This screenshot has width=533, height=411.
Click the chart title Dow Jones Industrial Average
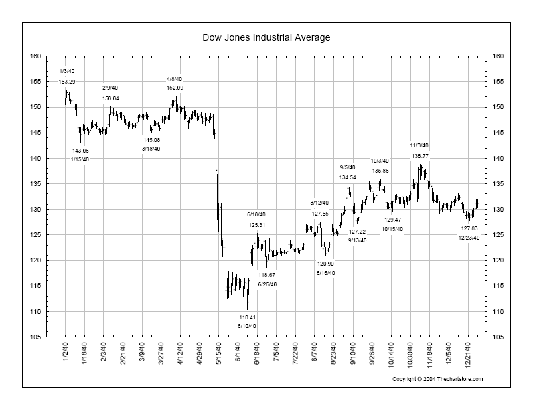266,37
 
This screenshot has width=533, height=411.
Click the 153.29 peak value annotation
67,82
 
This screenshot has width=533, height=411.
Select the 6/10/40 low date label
247,326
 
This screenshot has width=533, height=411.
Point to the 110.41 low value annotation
247,317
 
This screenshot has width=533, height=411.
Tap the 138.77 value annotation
420,156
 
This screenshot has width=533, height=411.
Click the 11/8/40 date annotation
420,145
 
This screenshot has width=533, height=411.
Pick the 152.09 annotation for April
175,88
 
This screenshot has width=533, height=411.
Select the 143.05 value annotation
80,151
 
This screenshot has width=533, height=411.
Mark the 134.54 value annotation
348,177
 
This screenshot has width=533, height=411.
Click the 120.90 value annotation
325,264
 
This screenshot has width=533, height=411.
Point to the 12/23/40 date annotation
469,238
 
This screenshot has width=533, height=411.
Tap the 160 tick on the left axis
35,56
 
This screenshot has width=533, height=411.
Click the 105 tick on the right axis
497,337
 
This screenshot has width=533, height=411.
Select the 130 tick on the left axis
35,210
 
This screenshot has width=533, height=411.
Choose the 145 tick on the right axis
497,133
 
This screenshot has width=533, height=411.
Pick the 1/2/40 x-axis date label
66,351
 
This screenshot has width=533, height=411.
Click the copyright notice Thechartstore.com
437,379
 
